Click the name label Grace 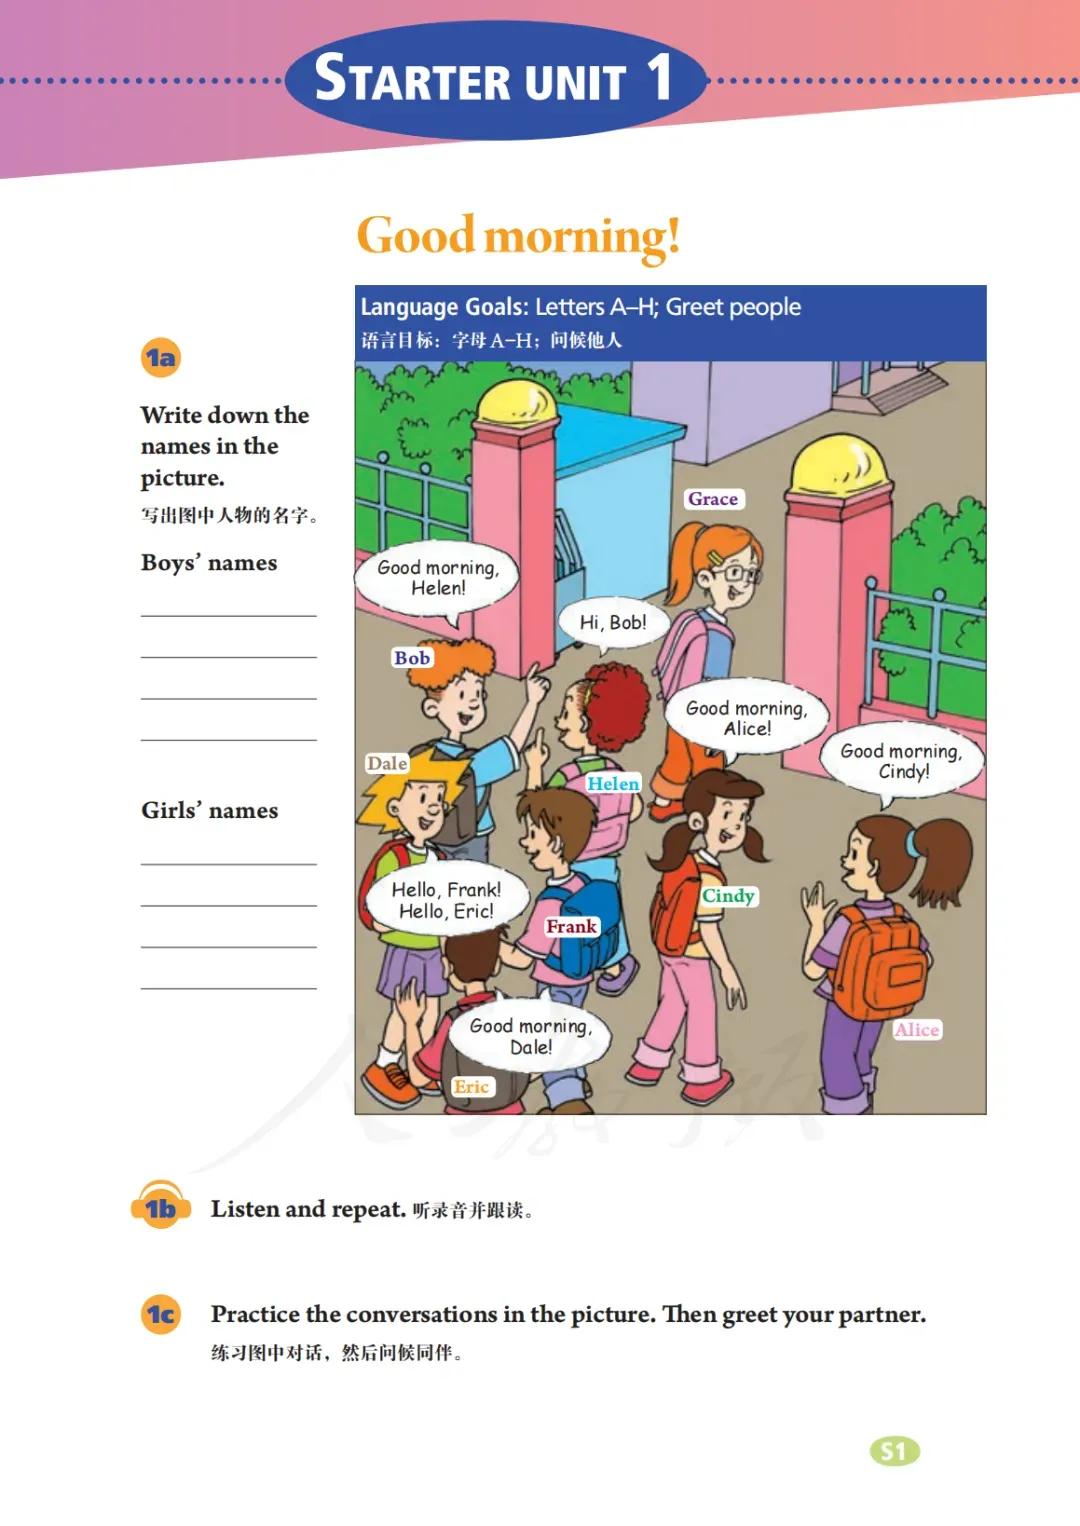coord(712,499)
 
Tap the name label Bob coord(411,658)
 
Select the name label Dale coord(387,764)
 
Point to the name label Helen coord(613,784)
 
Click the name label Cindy coord(728,896)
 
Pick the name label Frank coord(571,927)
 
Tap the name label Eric coord(471,1087)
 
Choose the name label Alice coord(917,1030)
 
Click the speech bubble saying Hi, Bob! coord(613,623)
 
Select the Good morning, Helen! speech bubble coord(437,578)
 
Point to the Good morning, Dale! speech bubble coord(530,1036)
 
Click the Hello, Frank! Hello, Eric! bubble coord(446,900)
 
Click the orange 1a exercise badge coord(161,358)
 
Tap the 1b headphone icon coord(161,1209)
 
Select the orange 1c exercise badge coord(161,1314)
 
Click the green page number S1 coord(894,1452)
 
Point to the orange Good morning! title coord(518,237)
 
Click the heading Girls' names coord(210,811)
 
